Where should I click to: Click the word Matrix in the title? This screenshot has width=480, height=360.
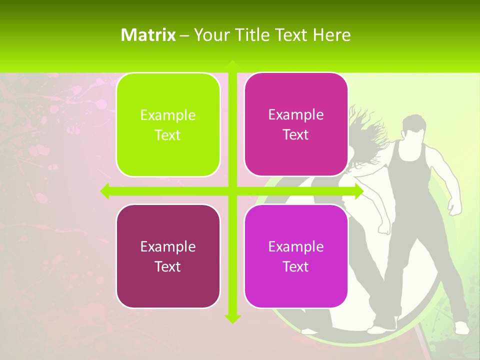tap(148, 35)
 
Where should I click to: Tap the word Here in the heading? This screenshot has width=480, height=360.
tap(331, 35)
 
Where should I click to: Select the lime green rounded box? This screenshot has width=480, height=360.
tap(168, 124)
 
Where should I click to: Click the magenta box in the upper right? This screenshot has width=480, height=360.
tap(296, 124)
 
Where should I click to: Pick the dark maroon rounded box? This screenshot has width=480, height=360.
tap(168, 256)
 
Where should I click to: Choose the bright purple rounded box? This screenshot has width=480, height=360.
tap(296, 256)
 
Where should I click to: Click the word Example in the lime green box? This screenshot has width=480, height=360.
tap(168, 115)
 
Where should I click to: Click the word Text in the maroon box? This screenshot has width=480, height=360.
tap(168, 266)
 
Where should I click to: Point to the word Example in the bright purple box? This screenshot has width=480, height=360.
tap(296, 246)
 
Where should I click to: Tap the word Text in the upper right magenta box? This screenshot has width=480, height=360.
tap(296, 135)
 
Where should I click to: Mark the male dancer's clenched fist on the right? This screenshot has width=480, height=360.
tap(454, 206)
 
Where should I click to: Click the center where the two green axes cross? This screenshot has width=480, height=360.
tap(232, 191)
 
